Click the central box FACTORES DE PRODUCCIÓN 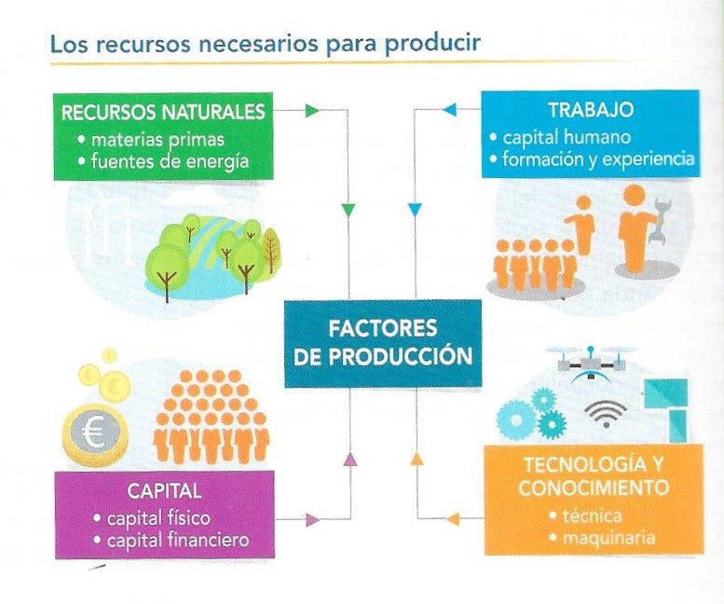(x=383, y=342)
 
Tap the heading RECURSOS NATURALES (x=163, y=113)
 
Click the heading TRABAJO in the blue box (x=590, y=110)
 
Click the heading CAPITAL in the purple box (x=164, y=490)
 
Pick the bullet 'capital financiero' (x=177, y=539)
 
